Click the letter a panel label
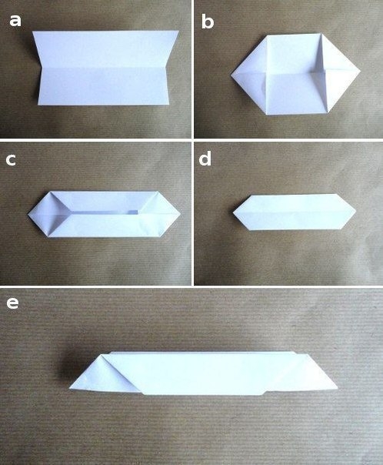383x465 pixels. coord(15,21)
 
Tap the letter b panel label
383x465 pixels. coord(208,22)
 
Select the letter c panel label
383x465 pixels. coord(11,160)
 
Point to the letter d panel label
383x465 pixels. coord(205,159)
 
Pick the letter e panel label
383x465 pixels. coord(12,303)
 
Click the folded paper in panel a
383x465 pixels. coord(105,68)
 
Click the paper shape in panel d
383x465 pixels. coord(294,212)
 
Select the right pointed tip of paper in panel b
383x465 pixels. coord(361,71)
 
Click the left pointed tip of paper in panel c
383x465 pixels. coord(28,213)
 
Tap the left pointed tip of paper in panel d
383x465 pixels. coord(233,212)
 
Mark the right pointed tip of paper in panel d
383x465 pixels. coord(356,211)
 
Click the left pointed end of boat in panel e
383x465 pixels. coord(69,388)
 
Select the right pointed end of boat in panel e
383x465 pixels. coord(338,388)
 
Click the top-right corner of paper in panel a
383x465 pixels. coord(179,31)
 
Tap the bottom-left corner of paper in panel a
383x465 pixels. coord(38,105)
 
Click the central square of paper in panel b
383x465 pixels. coord(295,74)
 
